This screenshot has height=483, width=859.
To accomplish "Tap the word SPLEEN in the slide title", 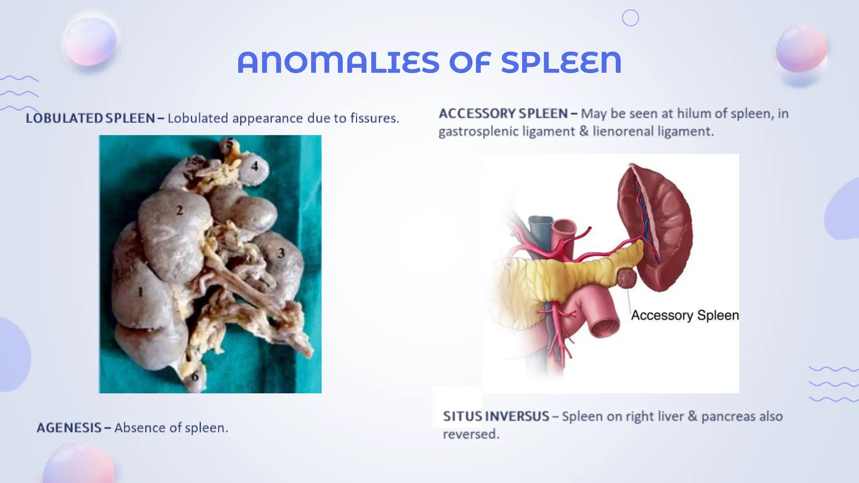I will pyautogui.click(x=561, y=62).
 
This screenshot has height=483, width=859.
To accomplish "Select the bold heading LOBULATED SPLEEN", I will pyautogui.click(x=90, y=118).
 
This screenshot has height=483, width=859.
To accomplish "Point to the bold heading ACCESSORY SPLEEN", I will pyautogui.click(x=503, y=114).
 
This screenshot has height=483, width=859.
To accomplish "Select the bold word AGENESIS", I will pyautogui.click(x=69, y=428).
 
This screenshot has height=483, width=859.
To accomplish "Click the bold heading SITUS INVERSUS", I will pyautogui.click(x=496, y=416).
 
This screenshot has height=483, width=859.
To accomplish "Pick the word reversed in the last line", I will pyautogui.click(x=471, y=434).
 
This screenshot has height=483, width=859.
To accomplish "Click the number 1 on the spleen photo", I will pyautogui.click(x=141, y=292).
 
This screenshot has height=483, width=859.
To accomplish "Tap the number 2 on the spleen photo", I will pyautogui.click(x=180, y=210).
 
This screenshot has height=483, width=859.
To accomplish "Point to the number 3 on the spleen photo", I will pyautogui.click(x=281, y=253).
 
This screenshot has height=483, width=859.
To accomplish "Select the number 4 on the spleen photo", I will pyautogui.click(x=255, y=166).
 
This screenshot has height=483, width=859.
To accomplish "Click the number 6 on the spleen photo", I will pyautogui.click(x=195, y=377).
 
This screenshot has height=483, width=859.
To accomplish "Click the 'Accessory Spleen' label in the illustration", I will pyautogui.click(x=685, y=315).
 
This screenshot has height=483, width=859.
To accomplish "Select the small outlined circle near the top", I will pyautogui.click(x=630, y=18).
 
